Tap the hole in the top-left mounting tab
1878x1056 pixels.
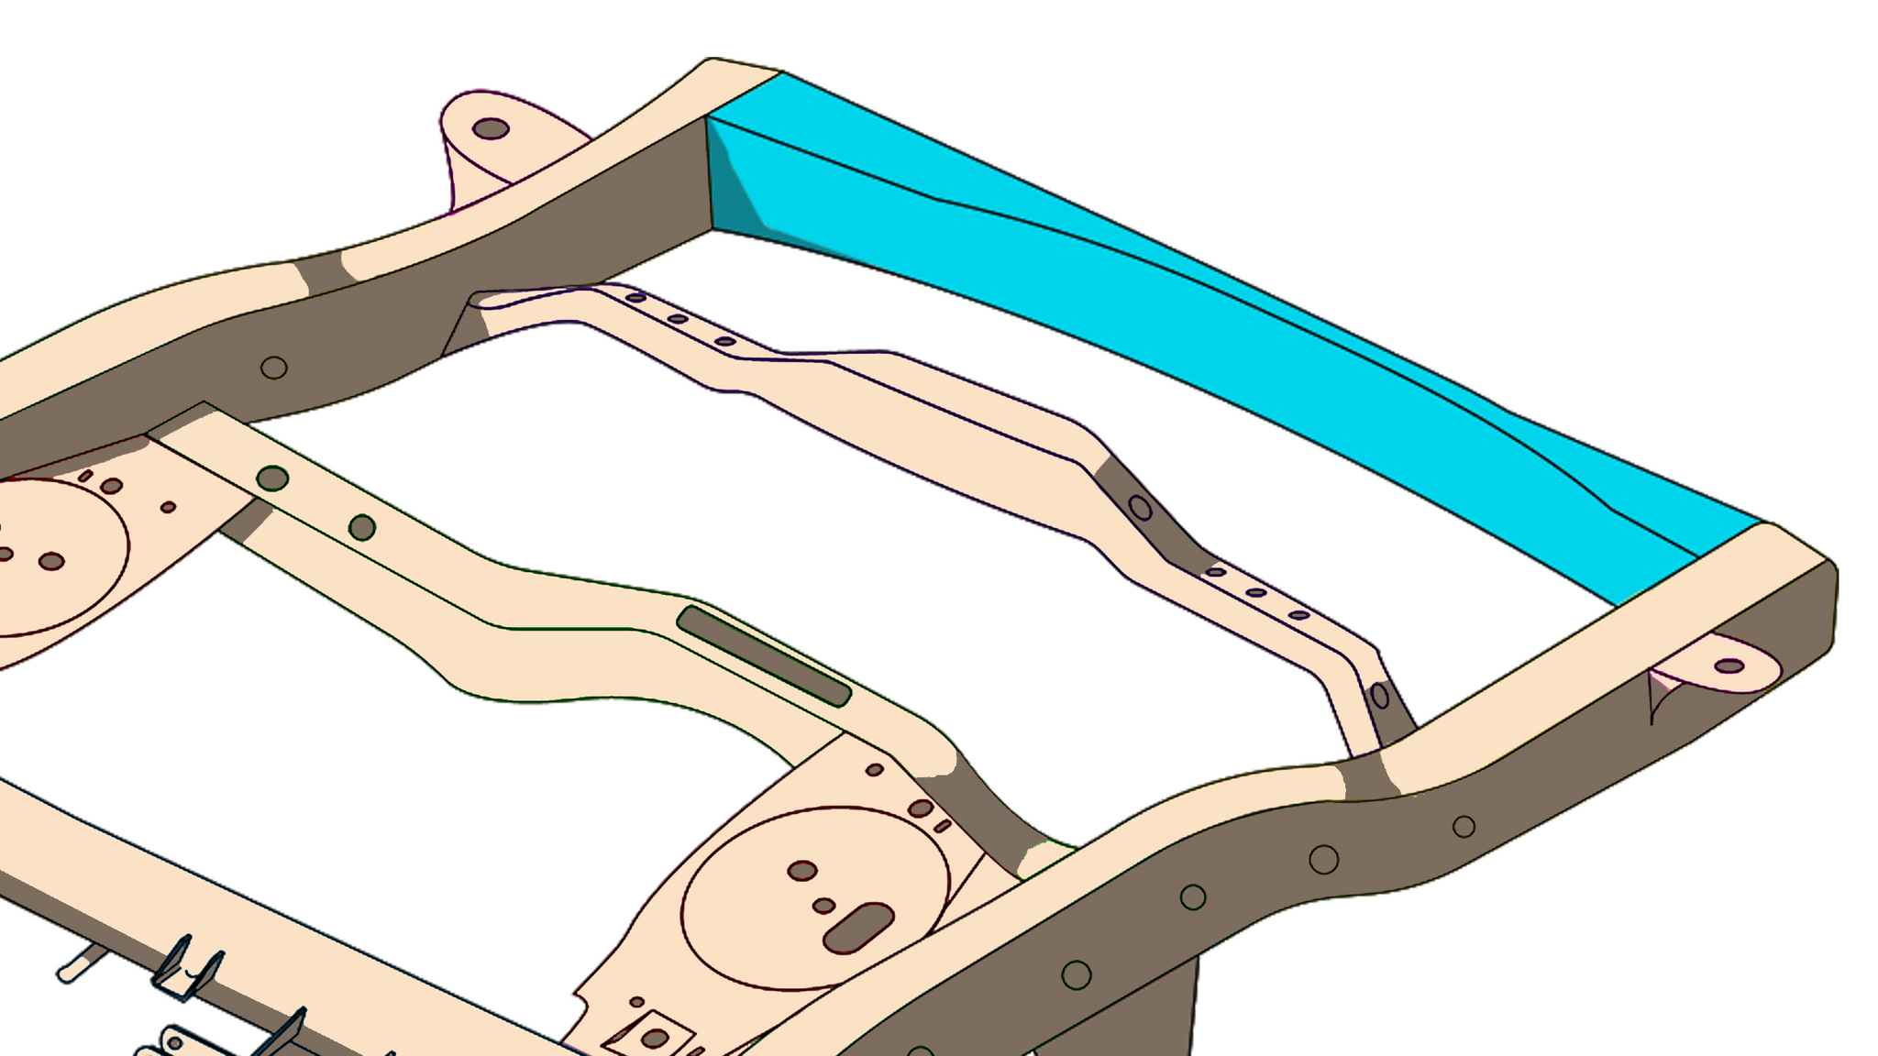tap(491, 128)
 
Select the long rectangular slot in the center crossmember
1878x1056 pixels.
tap(764, 656)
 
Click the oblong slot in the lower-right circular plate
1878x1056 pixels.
tap(858, 928)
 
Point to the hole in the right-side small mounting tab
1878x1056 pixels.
tap(1729, 665)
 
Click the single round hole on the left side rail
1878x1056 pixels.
tap(274, 368)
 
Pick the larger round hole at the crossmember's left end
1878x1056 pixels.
tap(272, 478)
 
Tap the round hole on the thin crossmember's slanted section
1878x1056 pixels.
tap(1140, 507)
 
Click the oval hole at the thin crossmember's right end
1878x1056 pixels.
tap(1380, 697)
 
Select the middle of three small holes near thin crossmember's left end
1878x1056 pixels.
tap(678, 319)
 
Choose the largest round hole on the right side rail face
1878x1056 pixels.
tap(1323, 859)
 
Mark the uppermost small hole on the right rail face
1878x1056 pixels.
tap(1464, 827)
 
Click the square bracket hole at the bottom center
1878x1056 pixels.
tap(654, 1039)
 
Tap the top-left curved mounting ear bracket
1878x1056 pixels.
tap(495, 147)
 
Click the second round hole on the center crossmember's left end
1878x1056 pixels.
tap(362, 527)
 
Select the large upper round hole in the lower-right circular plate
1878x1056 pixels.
tap(802, 871)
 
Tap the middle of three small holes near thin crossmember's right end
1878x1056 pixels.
tap(1256, 593)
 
